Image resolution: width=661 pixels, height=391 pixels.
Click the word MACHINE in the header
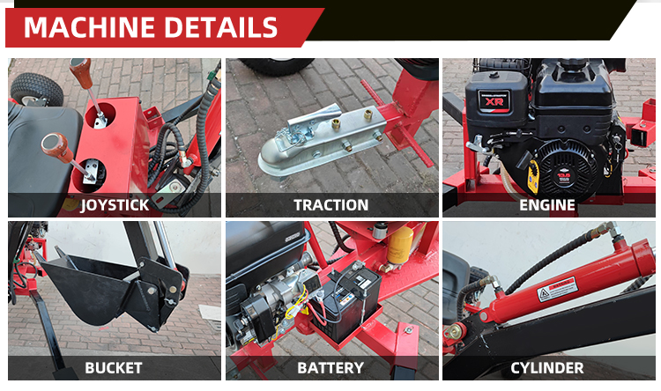90,27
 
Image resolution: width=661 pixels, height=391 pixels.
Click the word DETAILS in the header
221,27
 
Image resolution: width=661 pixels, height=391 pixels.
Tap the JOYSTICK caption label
115,205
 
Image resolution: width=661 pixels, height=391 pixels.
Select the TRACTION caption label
330,205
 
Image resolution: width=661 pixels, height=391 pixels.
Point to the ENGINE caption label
547,205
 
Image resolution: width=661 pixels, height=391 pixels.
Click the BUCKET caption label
114,368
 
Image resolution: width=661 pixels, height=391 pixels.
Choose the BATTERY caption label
330,368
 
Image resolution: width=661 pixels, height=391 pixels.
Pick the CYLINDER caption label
547,368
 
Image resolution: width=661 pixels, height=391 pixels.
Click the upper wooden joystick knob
80,72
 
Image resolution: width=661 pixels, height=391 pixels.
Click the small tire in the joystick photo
37,89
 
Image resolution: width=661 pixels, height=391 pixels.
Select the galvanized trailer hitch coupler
321,140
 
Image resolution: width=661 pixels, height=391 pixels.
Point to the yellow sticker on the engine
534,176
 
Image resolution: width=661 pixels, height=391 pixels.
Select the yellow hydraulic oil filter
399,246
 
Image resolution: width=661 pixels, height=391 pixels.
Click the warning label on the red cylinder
557,289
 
